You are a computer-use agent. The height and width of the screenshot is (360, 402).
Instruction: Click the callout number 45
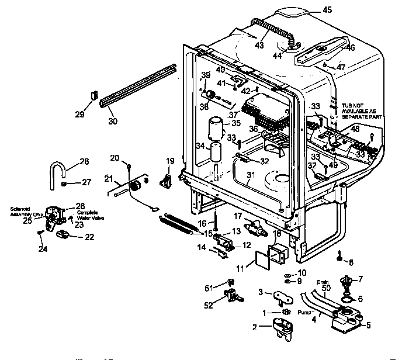[x=327, y=9]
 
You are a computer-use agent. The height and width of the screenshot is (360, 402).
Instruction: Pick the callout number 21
[x=108, y=178]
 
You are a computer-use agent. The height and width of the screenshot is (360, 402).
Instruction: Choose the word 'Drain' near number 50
[x=323, y=281]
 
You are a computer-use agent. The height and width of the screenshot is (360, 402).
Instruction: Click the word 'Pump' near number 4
[x=304, y=313]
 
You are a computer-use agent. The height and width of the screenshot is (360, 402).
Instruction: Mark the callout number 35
[x=236, y=123]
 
